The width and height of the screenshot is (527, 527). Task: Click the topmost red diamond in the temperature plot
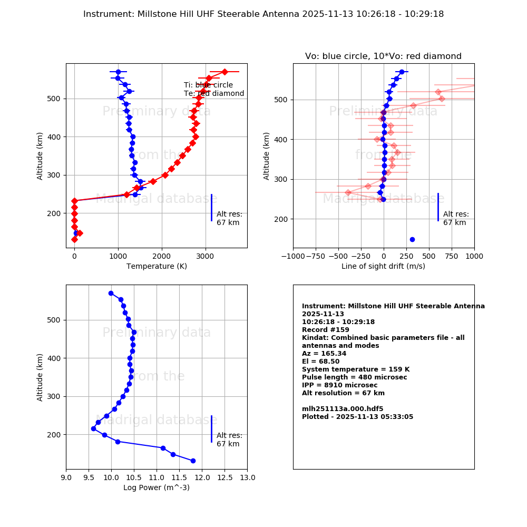(x=225, y=72)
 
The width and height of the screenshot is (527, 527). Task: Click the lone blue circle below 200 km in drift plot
(x=412, y=239)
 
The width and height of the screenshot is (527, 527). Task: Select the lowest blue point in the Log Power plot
(x=193, y=461)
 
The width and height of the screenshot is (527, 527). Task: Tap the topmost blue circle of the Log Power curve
(x=111, y=293)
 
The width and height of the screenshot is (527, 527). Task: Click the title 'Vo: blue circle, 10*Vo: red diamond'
(x=383, y=56)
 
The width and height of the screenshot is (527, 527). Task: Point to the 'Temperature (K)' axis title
(x=156, y=266)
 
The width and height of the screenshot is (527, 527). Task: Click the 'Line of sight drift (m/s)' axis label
(x=383, y=266)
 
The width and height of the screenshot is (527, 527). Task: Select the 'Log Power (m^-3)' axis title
(x=156, y=487)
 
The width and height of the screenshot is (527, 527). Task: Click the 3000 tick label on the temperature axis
(x=205, y=257)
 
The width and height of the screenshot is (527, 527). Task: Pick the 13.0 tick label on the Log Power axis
(x=247, y=478)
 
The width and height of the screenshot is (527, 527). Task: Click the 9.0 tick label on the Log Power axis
(x=66, y=478)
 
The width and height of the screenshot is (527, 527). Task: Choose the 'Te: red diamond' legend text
(x=214, y=94)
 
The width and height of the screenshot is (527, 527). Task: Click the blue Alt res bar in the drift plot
(x=438, y=207)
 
